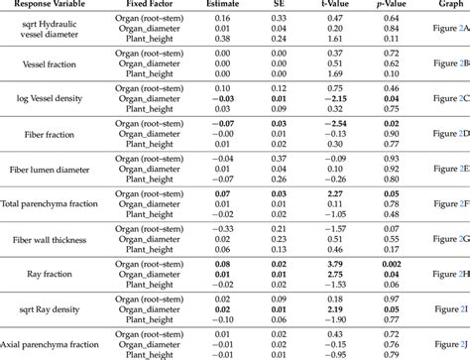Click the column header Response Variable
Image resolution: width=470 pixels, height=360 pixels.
[x=51, y=7]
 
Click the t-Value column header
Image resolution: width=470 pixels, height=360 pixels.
[x=362, y=7]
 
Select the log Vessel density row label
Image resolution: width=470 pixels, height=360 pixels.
[x=51, y=98]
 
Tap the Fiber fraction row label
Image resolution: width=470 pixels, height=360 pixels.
[x=51, y=133]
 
